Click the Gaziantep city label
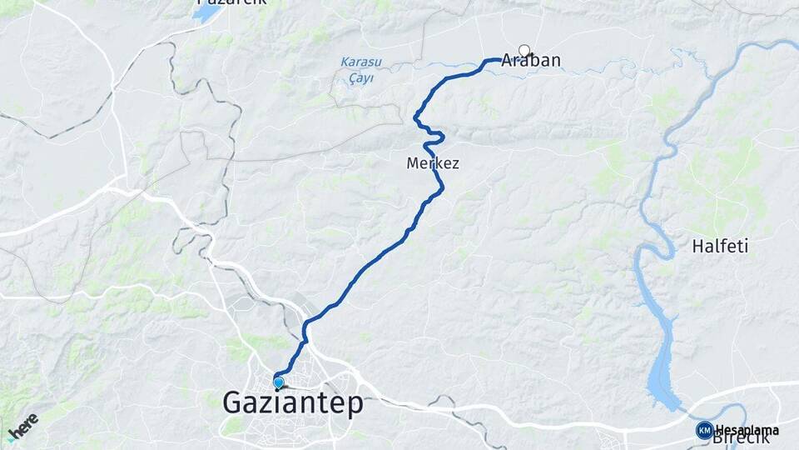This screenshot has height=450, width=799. pos(293,404)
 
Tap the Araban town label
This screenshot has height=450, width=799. pos(531,60)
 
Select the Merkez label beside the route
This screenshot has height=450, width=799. pos(432,163)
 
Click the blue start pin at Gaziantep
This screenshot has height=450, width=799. pos(278,382)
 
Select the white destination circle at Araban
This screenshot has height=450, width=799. pos(524,50)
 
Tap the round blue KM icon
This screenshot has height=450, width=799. pos(704,430)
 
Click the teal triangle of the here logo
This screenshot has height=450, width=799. pos(11,438)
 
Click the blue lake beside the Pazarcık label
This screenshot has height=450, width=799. pos(206,14)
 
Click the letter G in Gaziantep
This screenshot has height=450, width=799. pos(233,404)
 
